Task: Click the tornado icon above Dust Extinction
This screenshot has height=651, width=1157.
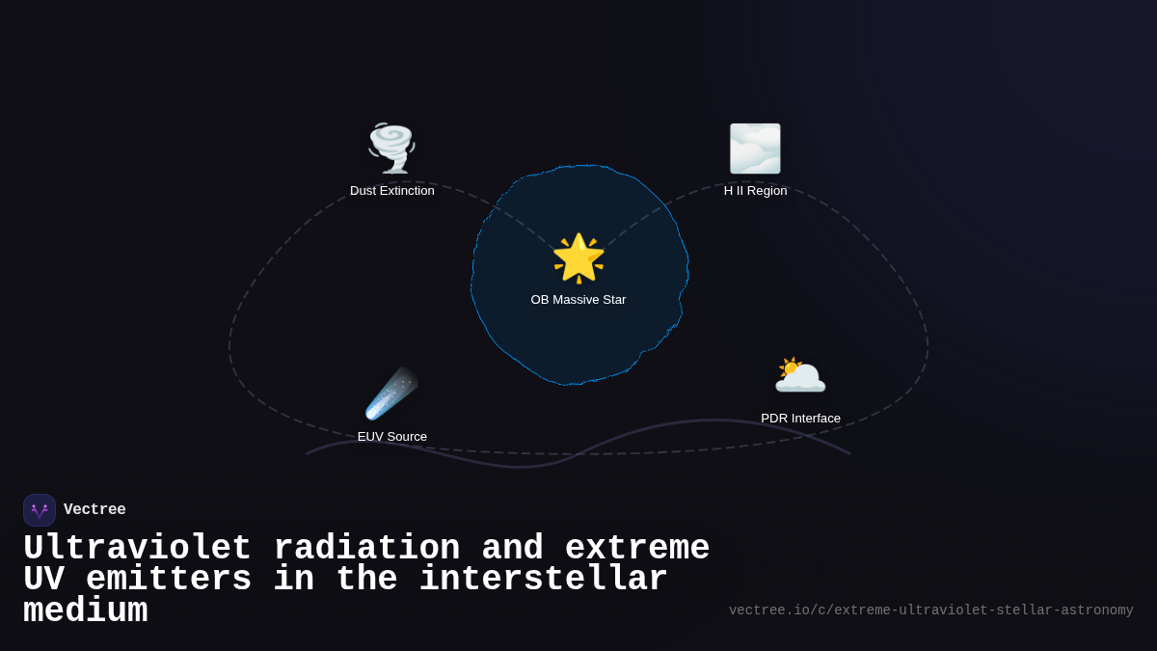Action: (391, 149)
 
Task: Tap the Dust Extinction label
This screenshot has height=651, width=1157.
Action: (391, 191)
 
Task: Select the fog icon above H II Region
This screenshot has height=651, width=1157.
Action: (755, 149)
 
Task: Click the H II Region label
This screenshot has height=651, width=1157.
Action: (755, 191)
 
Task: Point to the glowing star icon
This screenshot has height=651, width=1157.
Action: (578, 258)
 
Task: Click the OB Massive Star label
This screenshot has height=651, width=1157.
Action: (578, 300)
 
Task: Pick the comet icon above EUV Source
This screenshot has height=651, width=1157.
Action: (391, 393)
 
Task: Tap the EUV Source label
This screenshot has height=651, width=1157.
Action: (391, 437)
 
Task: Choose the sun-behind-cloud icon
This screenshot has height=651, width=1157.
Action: (800, 375)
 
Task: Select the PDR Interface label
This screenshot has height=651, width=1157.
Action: (800, 419)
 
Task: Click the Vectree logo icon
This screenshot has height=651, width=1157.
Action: (40, 510)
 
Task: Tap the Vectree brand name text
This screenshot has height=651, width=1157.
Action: (94, 510)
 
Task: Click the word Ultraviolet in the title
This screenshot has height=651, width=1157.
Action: (137, 549)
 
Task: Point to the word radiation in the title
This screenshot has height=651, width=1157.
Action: (366, 549)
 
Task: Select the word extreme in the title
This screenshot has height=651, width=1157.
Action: (637, 549)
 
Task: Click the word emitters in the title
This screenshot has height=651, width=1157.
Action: (169, 580)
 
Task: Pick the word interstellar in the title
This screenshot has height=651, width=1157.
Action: (543, 580)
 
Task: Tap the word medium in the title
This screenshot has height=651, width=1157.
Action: (85, 611)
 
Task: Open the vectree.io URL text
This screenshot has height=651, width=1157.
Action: (930, 610)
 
